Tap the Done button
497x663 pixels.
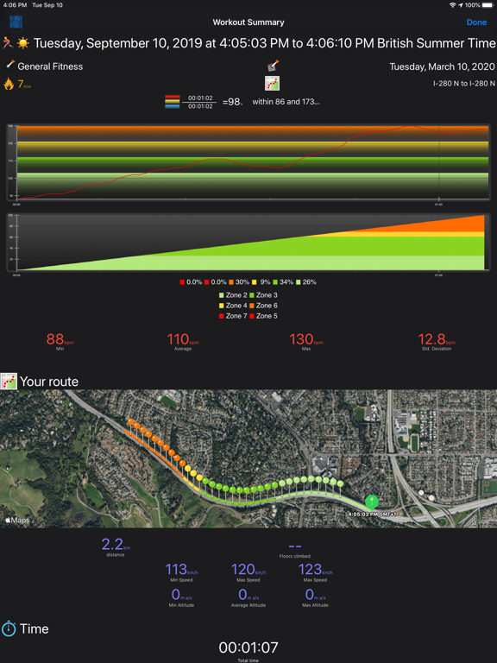[476, 22]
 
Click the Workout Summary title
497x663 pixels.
[248, 22]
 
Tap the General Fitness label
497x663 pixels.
[50, 66]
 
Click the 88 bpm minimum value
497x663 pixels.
[56, 340]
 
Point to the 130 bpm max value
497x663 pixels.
[302, 340]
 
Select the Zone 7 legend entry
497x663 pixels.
[233, 316]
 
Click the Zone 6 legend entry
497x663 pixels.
[263, 306]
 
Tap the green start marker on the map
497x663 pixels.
[372, 501]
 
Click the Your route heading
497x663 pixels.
[49, 382]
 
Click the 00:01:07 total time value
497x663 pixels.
[248, 647]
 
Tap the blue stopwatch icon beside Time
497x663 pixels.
[9, 628]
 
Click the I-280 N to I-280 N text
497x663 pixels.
[464, 84]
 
